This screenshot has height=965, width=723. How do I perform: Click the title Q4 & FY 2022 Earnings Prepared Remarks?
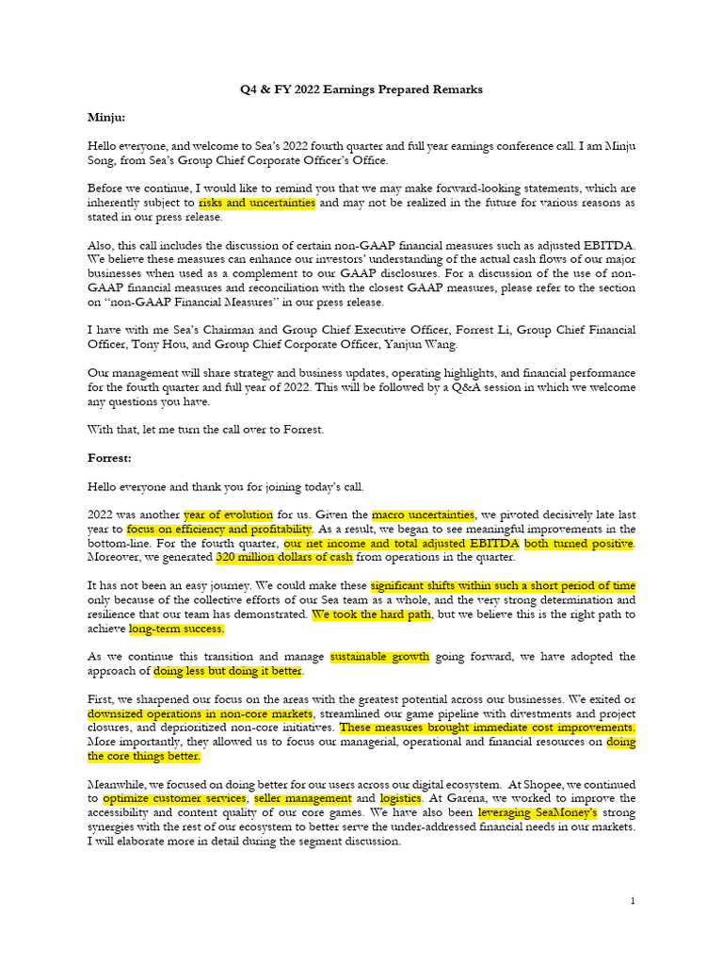tap(361, 90)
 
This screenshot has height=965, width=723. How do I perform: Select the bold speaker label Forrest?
tap(111, 458)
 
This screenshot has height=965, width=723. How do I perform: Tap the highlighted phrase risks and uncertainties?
tap(257, 203)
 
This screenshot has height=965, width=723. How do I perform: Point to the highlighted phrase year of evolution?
tap(229, 515)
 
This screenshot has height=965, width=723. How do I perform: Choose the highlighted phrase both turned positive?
tap(579, 544)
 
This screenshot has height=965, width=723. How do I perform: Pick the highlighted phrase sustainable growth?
tap(379, 657)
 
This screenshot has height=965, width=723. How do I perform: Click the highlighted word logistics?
tap(401, 798)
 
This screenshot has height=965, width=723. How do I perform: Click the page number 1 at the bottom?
tap(633, 901)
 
